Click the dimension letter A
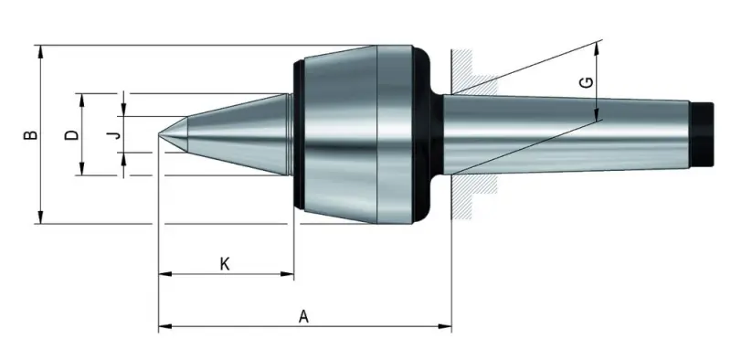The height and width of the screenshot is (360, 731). tap(304, 316)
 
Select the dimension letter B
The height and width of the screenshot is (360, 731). tap(31, 134)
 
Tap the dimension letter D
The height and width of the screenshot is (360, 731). tap(71, 134)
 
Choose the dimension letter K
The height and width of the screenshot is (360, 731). tap(225, 264)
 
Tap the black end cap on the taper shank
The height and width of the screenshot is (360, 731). tap(702, 133)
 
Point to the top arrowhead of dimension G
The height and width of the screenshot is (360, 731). tap(597, 47)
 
